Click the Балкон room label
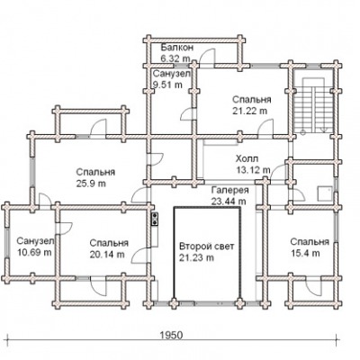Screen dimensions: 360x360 [x=177, y=48]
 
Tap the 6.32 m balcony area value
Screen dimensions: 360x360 [x=175, y=58]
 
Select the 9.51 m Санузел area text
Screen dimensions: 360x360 [x=167, y=85]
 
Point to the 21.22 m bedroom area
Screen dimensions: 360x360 [x=249, y=111]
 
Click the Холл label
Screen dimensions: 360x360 [x=247, y=158]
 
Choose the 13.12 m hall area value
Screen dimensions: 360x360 [x=253, y=170]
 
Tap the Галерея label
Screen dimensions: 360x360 [x=230, y=190]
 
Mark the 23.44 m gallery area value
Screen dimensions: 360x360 [x=229, y=202]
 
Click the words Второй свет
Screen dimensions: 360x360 [x=207, y=247]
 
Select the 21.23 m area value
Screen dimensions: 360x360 [x=196, y=257]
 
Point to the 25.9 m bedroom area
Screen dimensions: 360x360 [x=91, y=184]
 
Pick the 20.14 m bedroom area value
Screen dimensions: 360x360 [x=107, y=255]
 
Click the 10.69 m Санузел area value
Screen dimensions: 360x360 [x=34, y=252]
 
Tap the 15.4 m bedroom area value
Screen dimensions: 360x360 [x=305, y=254]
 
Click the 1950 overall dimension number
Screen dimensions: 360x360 [x=171, y=335]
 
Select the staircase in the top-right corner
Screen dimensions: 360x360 [x=313, y=105]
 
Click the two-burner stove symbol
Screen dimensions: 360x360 [x=155, y=219]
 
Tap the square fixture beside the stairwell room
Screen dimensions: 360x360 [x=325, y=193]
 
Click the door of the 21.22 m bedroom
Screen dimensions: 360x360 [x=265, y=129]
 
